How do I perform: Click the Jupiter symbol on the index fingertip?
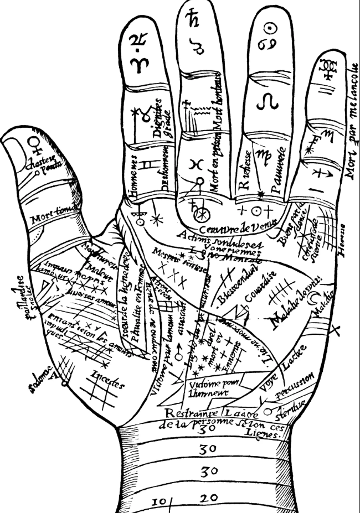coord(136,40)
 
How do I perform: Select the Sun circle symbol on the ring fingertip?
coord(268,27)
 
